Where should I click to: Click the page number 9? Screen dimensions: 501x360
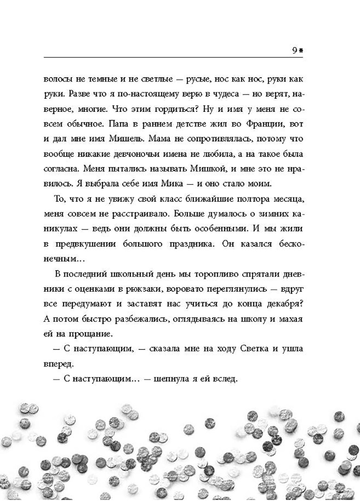(295, 51)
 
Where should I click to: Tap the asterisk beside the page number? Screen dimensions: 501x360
(301, 51)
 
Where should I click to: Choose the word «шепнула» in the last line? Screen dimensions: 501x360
(145, 379)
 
